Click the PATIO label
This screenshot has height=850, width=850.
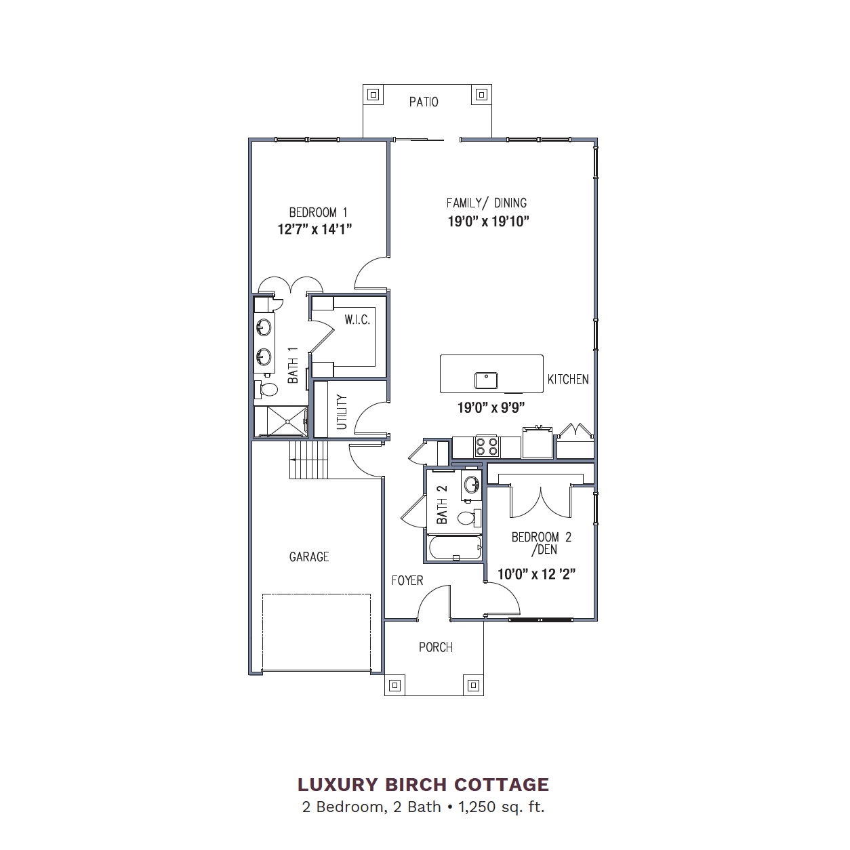tap(424, 102)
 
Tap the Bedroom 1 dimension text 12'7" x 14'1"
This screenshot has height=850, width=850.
tap(315, 229)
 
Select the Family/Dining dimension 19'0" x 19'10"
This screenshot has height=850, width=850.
tap(488, 222)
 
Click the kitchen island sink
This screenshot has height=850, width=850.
tap(486, 380)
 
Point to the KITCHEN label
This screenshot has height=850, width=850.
tap(568, 380)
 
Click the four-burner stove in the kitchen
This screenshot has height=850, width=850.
tap(487, 447)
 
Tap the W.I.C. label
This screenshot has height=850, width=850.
tap(357, 320)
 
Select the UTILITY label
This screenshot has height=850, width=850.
tap(342, 412)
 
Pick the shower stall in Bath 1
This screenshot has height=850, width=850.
tap(281, 421)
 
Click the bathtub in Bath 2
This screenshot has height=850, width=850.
tap(455, 548)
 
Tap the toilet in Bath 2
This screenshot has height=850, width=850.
tap(469, 517)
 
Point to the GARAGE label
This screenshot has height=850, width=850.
tap(309, 556)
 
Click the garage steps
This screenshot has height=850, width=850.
tap(309, 460)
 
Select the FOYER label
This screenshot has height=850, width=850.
tap(407, 580)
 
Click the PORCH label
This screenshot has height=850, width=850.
tap(436, 647)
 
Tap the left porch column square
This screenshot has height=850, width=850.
tap(394, 685)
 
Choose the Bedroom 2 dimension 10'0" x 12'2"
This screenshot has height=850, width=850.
tap(536, 574)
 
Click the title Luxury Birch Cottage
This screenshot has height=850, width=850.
tap(424, 785)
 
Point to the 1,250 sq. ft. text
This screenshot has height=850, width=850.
tap(502, 807)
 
